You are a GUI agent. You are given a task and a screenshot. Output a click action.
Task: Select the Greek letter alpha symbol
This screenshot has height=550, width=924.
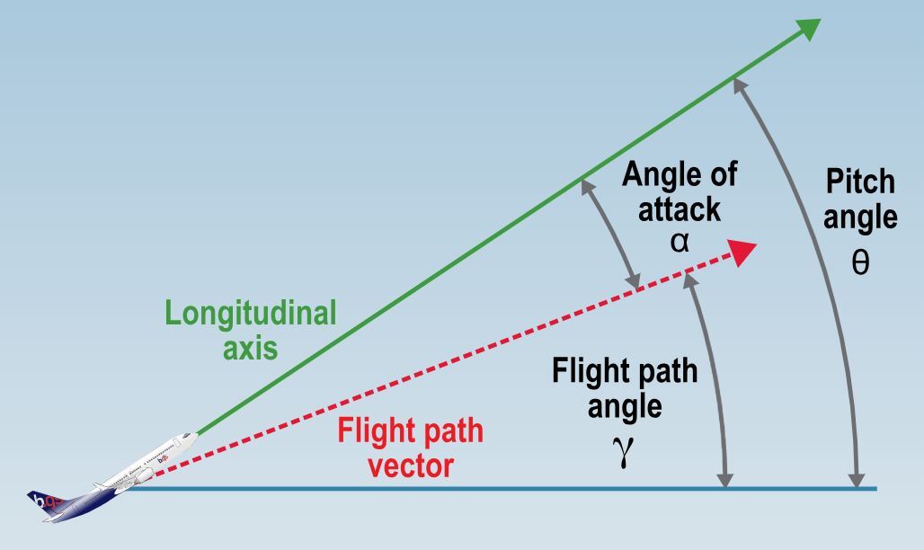680,241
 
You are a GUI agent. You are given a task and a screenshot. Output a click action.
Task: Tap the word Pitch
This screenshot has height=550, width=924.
860,182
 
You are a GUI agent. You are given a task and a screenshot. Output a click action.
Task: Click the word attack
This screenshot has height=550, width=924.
680,208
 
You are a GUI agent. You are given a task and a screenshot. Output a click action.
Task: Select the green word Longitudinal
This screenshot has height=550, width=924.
251,314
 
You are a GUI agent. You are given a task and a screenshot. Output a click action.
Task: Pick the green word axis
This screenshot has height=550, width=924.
251,348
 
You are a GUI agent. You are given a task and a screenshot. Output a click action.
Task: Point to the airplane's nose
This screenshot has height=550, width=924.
192,436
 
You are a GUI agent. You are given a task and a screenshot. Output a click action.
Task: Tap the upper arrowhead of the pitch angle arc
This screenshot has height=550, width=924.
738,84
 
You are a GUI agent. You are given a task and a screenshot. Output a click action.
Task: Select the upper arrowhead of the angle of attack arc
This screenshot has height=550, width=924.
586,186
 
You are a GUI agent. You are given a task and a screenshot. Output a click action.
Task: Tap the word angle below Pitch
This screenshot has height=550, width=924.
860,217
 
